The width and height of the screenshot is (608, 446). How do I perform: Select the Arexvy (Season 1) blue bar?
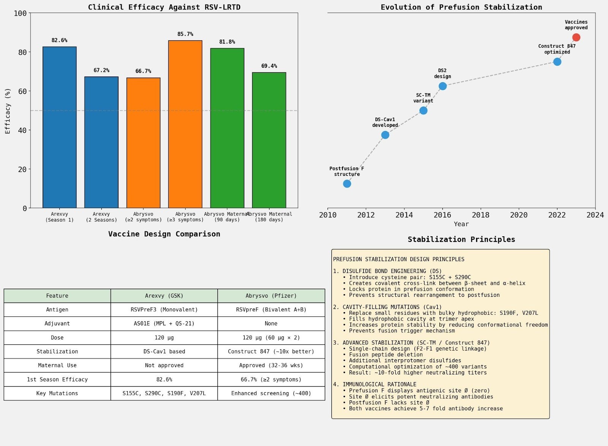pos(60,127)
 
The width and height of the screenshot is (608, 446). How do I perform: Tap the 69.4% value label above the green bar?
pos(269,66)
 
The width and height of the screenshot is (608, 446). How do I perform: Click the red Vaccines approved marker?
pos(576,37)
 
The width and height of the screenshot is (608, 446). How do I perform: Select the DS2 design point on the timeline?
pos(442,86)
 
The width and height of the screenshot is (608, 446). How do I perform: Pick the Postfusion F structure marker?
pos(347,184)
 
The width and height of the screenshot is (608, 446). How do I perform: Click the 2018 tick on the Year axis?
pos(480,215)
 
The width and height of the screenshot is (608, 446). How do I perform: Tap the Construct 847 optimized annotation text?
pos(557,49)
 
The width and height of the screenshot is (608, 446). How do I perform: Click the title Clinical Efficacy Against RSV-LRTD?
pos(164,7)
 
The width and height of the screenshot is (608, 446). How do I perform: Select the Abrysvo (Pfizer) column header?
pos(271,296)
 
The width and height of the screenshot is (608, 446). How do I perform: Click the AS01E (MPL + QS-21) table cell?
pos(164,323)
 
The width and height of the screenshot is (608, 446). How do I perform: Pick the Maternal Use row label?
pos(57,365)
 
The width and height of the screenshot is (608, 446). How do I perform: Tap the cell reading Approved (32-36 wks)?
pos(271,365)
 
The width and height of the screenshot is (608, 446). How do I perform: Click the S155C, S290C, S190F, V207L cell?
pos(164,393)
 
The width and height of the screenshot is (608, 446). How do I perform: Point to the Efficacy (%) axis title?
pos(8,111)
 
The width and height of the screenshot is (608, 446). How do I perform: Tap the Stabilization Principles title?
pos(461,239)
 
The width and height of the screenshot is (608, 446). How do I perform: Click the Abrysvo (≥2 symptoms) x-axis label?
pos(143,217)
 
